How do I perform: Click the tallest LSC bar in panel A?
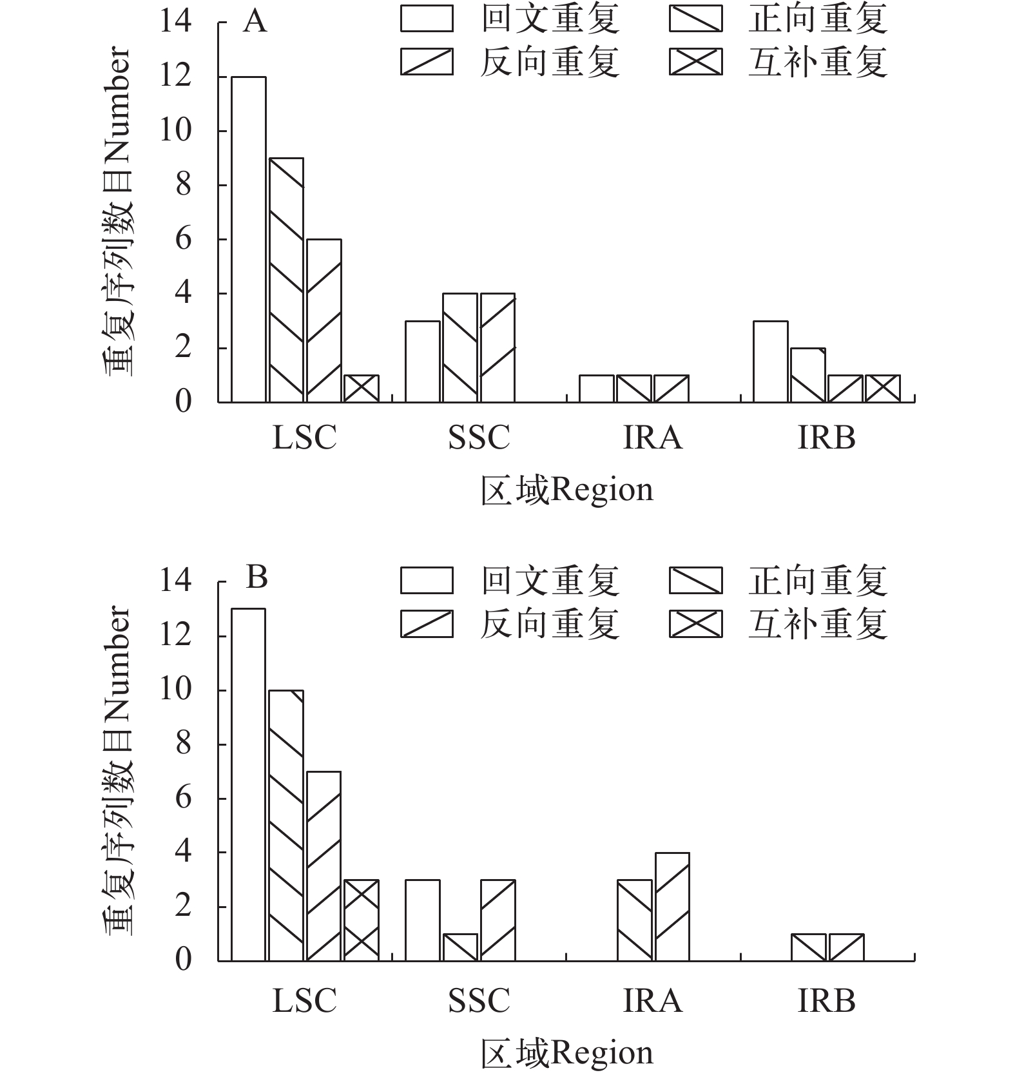[249, 239]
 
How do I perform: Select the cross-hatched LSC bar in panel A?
[362, 389]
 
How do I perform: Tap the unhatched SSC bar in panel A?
[423, 362]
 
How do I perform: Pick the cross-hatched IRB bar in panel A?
[883, 389]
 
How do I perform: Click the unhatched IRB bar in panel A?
[771, 362]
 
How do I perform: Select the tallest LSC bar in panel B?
[249, 784]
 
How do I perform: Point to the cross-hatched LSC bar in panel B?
[362, 920]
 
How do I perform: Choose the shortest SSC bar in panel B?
[461, 947]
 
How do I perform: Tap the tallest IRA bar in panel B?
[672, 906]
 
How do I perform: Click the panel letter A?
[255, 22]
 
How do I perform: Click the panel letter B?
[256, 577]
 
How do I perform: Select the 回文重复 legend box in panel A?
[427, 19]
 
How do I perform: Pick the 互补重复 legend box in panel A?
[695, 62]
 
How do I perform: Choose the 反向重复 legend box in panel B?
[427, 623]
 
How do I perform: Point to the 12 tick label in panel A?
[175, 77]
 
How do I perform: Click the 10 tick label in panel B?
[175, 690]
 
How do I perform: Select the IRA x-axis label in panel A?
[653, 438]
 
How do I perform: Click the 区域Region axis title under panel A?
[567, 490]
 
